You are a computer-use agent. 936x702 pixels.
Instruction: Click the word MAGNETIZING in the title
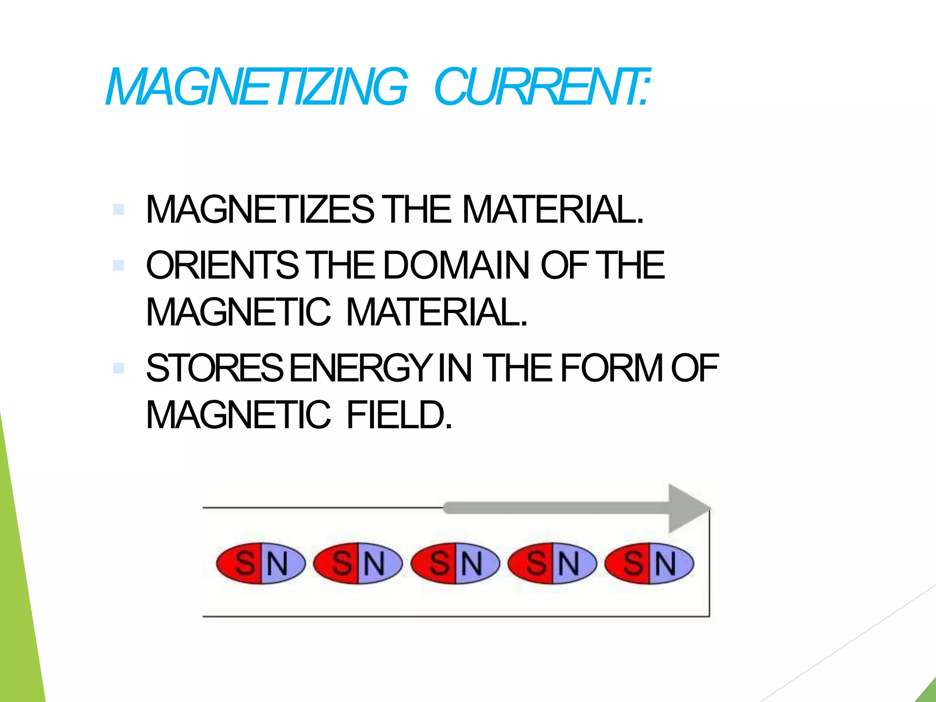256,87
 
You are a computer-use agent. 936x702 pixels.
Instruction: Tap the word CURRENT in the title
542,87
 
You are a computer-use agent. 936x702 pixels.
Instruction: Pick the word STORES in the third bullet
215,368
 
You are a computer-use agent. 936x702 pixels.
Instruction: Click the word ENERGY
361,368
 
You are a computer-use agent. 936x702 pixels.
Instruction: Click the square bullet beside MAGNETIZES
118,209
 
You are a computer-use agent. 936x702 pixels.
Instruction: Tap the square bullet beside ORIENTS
118,265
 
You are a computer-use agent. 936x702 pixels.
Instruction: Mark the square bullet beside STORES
118,368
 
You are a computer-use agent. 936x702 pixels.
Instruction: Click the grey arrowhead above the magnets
688,508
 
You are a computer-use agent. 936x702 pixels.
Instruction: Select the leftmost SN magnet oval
261,563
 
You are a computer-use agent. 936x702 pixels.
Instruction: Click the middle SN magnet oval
455,563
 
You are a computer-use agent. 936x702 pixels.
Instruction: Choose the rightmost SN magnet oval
649,563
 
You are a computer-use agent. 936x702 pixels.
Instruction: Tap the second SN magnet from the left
358,563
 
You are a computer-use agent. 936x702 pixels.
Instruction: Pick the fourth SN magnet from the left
552,563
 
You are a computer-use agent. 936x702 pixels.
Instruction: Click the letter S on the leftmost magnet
245,563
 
